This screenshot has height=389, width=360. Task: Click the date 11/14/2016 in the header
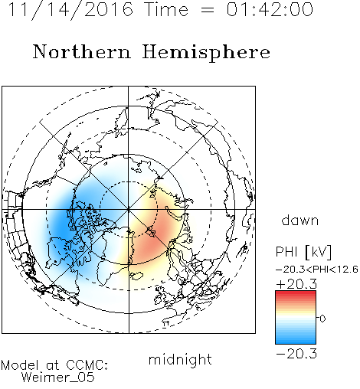coord(70,10)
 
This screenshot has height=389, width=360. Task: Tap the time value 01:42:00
coord(270,10)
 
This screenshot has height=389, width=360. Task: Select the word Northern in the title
coord(82,51)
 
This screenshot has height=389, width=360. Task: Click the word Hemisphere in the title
coord(206,53)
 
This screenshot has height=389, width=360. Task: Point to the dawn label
coord(300,220)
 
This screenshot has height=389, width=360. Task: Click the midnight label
coord(180,360)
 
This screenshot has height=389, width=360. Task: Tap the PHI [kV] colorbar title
coord(303,252)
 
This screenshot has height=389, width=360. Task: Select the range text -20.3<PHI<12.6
coord(317,270)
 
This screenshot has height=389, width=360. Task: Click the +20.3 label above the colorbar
coord(296,284)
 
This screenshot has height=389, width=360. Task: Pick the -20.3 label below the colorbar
coord(296,354)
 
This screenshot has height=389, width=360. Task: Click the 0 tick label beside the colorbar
coord(322,319)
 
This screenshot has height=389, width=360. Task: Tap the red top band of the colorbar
coord(296,294)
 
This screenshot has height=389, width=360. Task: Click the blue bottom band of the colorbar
coord(296,341)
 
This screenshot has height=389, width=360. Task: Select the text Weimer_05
coord(58,378)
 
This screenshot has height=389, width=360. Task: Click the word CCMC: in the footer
coord(87,365)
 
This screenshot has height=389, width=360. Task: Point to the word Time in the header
coord(166,10)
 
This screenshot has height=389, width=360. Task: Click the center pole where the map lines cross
coord(129,210)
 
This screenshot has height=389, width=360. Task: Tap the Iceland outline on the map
coord(136,276)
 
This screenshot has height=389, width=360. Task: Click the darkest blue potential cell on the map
coord(61,224)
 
